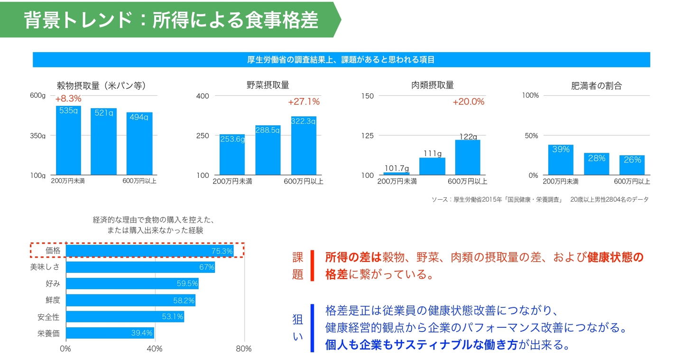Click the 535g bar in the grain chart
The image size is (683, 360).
tap(68, 140)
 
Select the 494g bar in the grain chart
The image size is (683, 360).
tap(139, 144)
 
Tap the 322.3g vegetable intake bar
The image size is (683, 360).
tap(304, 146)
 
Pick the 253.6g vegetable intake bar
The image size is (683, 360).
tap(232, 155)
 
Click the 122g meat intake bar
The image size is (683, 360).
tap(468, 157)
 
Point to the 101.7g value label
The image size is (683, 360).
tap(397, 168)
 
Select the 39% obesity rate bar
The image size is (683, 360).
tap(561, 160)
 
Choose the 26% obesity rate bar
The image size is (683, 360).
tap(632, 165)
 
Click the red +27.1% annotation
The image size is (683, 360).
tap(304, 102)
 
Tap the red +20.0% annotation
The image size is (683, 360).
tap(468, 102)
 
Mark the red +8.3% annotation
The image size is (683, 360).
tap(68, 99)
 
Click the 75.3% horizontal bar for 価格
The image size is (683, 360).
tap(149, 250)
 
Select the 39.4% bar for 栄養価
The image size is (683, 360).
tap(110, 333)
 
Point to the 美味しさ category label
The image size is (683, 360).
tap(45, 268)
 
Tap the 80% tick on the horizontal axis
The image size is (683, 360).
tap(244, 349)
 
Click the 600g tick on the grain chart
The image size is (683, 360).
tap(38, 95)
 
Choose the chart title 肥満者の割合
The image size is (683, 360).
tap(596, 86)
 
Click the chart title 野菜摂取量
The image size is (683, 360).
tap(268, 85)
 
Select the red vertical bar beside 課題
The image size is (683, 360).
tap(312, 266)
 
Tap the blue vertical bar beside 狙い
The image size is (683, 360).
tap(312, 328)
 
